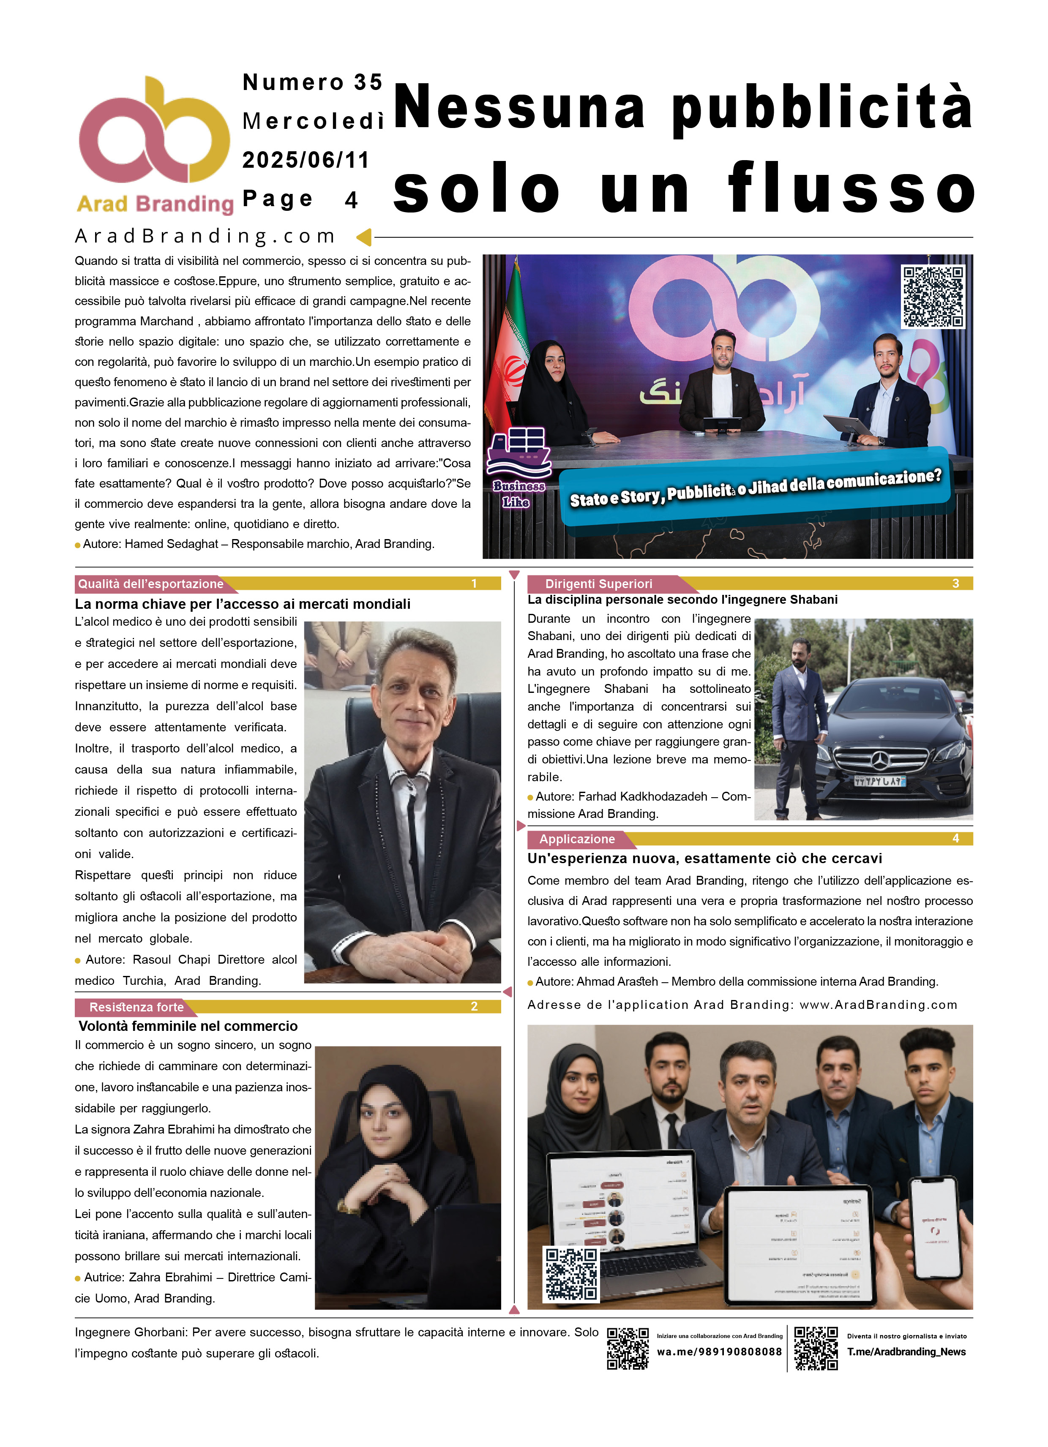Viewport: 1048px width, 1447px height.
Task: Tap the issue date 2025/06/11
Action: tap(306, 160)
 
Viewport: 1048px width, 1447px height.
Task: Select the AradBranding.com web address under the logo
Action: tap(205, 236)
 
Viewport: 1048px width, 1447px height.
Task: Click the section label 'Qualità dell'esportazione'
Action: tap(150, 584)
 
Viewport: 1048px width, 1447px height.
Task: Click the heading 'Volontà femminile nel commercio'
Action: tap(188, 1026)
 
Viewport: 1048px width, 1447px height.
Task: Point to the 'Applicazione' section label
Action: tap(576, 839)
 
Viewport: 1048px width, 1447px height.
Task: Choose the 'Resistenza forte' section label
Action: tap(136, 1007)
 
